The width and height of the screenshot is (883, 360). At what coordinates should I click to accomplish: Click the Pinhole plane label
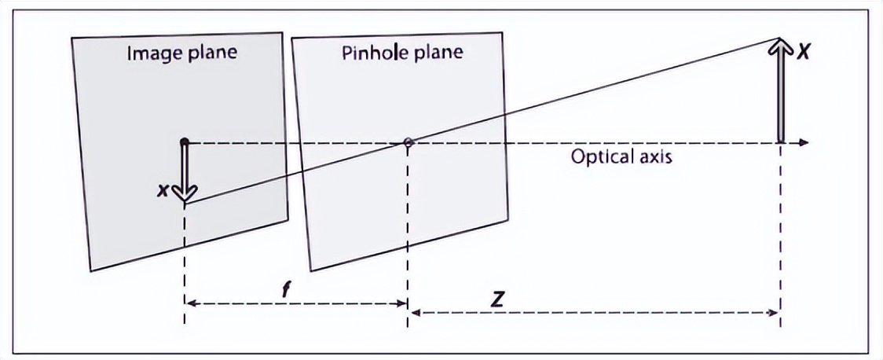[x=402, y=53]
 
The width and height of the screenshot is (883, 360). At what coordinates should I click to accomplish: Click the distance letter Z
[x=497, y=299]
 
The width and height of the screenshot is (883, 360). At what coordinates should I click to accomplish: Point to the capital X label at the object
[x=803, y=53]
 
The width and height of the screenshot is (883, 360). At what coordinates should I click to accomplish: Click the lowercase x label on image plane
[x=162, y=189]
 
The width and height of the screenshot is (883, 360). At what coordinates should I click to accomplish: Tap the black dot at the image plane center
[x=184, y=142]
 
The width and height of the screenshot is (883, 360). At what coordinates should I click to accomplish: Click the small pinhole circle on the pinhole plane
[x=408, y=142]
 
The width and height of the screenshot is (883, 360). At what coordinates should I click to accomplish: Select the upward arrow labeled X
[x=780, y=90]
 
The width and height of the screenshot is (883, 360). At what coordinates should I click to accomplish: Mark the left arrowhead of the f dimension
[x=189, y=303]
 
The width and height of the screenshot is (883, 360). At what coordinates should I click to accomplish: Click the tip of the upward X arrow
[x=780, y=41]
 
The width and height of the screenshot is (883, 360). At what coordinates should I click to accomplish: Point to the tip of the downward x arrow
[x=185, y=200]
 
